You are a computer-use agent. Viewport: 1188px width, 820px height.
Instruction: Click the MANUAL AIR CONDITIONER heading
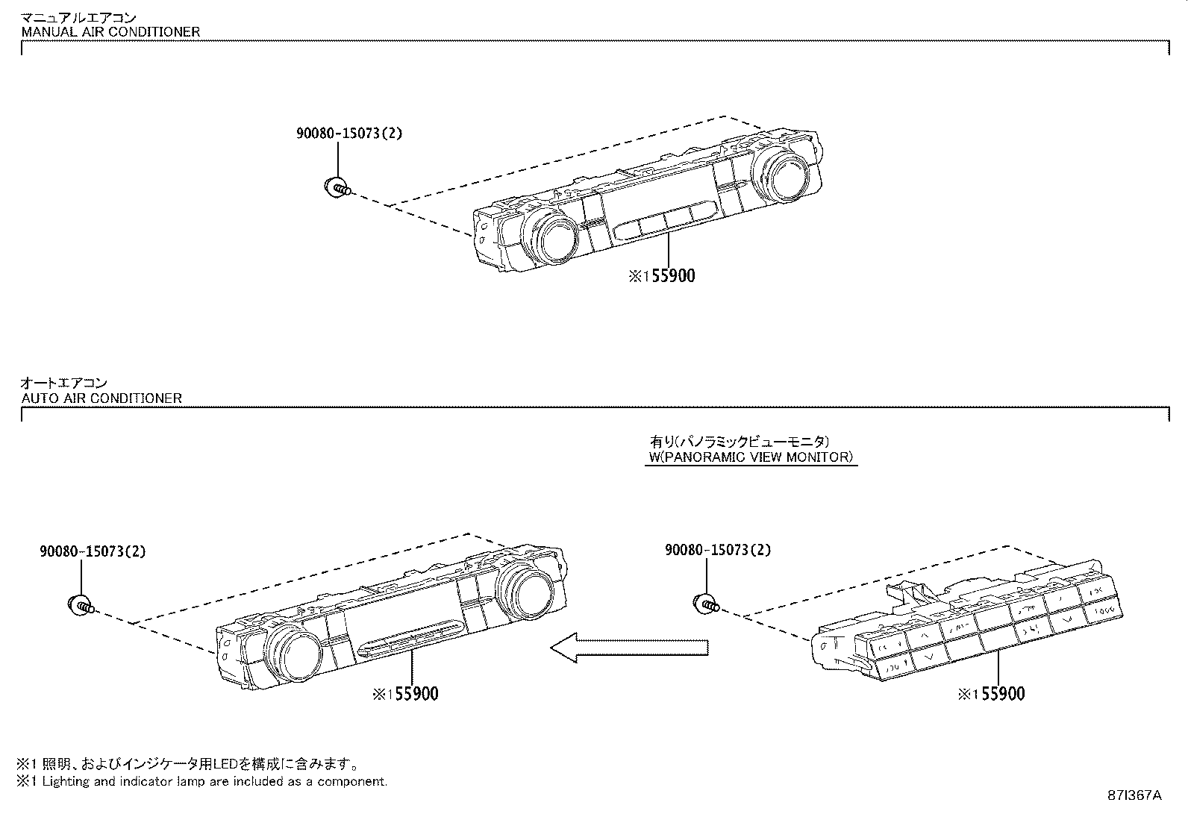point(110,32)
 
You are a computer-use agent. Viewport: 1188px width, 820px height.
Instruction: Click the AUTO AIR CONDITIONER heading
point(101,398)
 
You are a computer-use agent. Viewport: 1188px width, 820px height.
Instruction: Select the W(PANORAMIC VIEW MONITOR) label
point(751,457)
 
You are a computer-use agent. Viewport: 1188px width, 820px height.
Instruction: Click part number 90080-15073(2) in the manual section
point(348,134)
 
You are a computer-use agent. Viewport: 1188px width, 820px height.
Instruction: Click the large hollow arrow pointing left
point(628,647)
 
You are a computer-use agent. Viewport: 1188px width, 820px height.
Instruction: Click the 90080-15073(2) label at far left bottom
point(92,552)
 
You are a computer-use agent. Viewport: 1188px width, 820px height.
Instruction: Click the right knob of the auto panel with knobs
point(526,589)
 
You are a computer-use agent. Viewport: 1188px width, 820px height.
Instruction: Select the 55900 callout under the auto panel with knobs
point(407,695)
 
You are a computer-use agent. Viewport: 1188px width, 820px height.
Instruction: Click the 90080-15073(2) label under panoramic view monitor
point(717,551)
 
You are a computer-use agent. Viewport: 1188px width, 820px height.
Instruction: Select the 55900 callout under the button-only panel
point(992,695)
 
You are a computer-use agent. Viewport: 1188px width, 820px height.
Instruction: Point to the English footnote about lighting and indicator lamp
point(203,782)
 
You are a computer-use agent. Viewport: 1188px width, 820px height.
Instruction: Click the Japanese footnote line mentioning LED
point(188,764)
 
